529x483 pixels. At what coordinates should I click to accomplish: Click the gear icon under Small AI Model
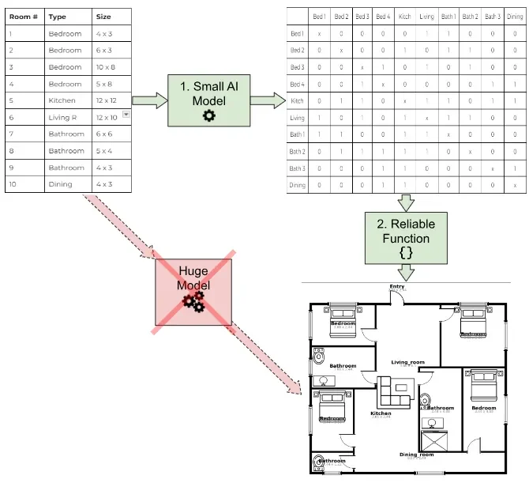coord(208,115)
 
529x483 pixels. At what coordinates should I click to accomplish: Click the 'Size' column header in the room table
coord(103,17)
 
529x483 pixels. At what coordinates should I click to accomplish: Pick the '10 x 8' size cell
coord(104,67)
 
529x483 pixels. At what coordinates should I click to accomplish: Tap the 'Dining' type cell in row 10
coord(60,184)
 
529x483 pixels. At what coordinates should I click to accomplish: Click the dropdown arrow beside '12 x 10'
coord(126,115)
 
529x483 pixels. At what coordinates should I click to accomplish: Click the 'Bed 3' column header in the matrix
coord(362,17)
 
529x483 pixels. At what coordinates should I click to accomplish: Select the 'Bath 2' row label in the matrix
coord(297,151)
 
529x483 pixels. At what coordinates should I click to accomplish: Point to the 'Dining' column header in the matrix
coord(515,17)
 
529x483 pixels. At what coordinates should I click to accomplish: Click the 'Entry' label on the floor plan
coord(397,287)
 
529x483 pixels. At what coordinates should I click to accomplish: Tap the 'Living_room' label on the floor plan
coord(407,363)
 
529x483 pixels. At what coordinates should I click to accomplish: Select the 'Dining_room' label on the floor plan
coord(416,455)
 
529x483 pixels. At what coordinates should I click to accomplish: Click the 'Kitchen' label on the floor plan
coord(381,413)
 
